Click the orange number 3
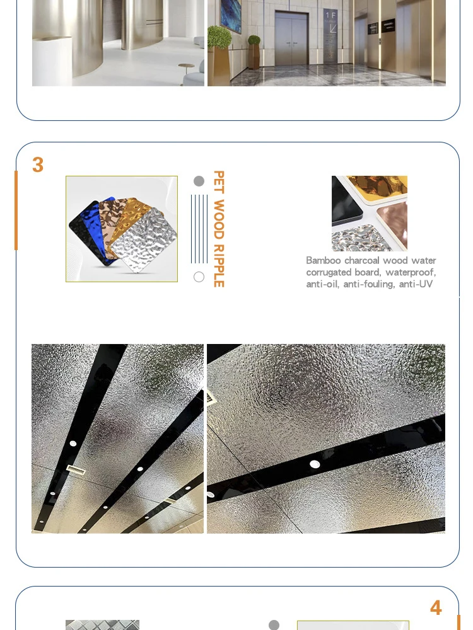[x=38, y=164]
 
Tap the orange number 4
[x=436, y=607]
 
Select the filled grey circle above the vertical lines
[x=199, y=181]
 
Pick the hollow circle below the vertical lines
[x=199, y=277]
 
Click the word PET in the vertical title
[x=218, y=182]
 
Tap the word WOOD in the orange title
[x=218, y=219]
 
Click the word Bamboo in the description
[x=324, y=260]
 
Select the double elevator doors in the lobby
[x=291, y=39]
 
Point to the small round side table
[x=186, y=72]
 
